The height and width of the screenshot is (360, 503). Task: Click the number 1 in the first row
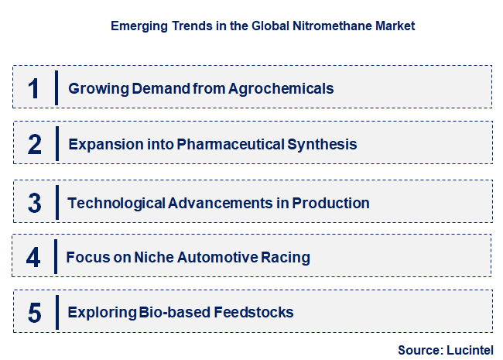coord(33,87)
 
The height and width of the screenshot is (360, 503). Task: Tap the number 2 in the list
coord(34,144)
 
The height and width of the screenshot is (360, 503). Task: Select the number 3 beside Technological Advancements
coord(34,203)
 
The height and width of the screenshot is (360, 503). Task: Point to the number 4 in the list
coord(33,257)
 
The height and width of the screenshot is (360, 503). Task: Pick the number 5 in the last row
coord(34,313)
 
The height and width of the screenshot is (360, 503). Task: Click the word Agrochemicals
coord(281,88)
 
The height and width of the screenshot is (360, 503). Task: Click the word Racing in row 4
coord(287,257)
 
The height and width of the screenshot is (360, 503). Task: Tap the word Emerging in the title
coord(136,26)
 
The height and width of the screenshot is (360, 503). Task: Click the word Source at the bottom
coord(418,350)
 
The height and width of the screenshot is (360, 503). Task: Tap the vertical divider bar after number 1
coord(56,87)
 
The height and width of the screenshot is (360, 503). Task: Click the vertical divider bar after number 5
coord(56,313)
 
